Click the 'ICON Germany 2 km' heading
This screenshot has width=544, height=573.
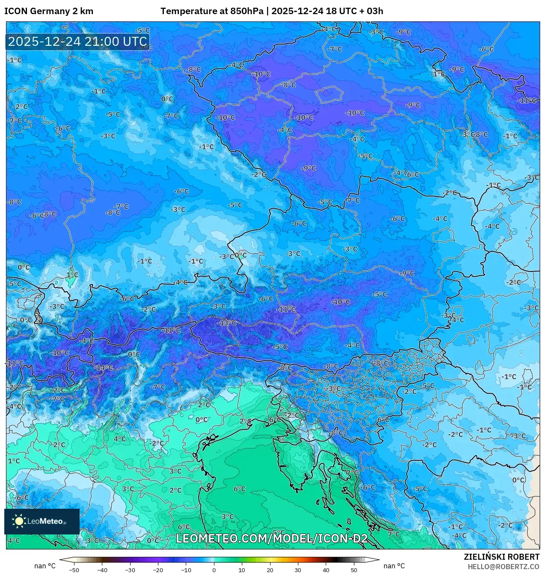[x=49, y=11]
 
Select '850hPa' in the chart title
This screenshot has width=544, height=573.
[x=247, y=11]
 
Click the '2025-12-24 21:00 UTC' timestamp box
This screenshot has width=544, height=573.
[x=77, y=42]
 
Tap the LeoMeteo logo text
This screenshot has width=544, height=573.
[x=45, y=521]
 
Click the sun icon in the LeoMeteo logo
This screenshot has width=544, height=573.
[x=19, y=521]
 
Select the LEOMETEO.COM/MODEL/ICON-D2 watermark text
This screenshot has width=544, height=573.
[x=272, y=539]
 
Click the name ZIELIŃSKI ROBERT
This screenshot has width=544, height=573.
[x=502, y=557]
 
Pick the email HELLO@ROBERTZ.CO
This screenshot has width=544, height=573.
[x=503, y=567]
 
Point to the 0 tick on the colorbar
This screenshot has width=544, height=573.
[x=214, y=570]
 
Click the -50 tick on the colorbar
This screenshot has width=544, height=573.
[x=74, y=570]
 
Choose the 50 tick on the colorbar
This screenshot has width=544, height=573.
[x=354, y=570]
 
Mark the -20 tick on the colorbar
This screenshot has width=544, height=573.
[x=158, y=570]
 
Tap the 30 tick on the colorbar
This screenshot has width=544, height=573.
[x=298, y=570]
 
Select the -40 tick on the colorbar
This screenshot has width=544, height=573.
[x=102, y=570]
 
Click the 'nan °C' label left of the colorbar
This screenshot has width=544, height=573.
[x=45, y=566]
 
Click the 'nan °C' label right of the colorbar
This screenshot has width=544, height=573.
[x=394, y=566]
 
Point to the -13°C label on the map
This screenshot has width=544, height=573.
[x=227, y=323]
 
